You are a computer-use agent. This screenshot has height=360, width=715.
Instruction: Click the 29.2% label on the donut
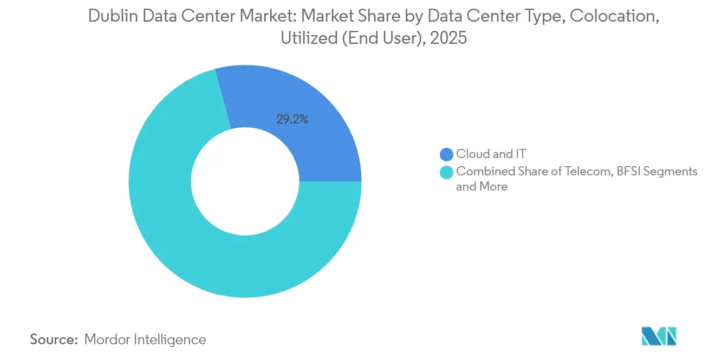click(x=292, y=120)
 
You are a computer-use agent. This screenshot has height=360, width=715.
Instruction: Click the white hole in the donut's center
click(x=245, y=181)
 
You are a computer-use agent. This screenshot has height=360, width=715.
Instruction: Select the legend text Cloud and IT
click(x=491, y=154)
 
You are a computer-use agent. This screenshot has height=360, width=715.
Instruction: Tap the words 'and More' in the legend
click(x=482, y=187)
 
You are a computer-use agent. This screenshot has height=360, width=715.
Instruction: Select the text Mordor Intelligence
click(x=145, y=339)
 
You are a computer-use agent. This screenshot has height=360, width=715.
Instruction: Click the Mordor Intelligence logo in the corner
click(x=658, y=336)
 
